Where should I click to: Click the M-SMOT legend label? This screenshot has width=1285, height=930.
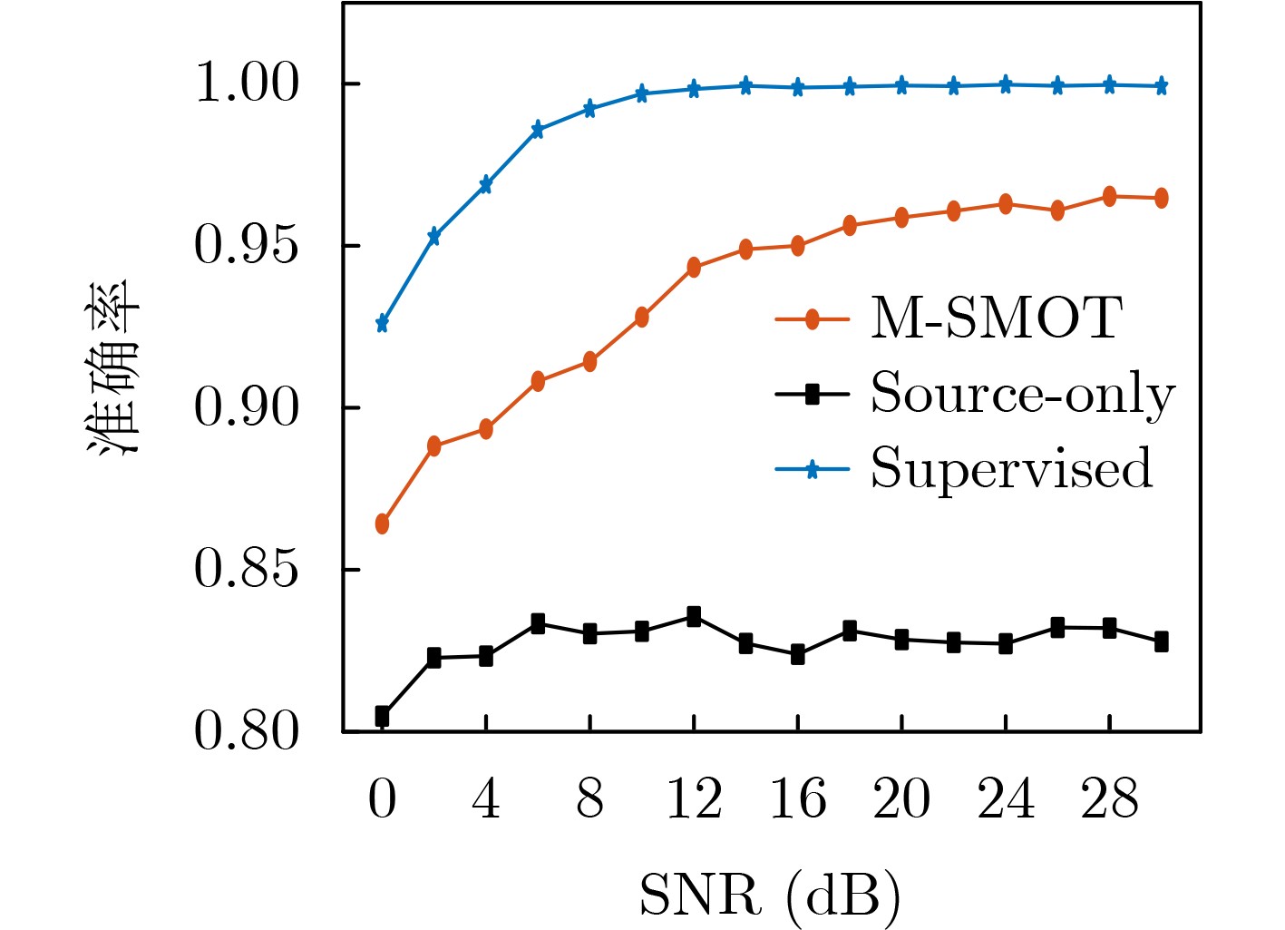(x=996, y=319)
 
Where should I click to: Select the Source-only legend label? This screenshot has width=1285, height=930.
(x=1022, y=394)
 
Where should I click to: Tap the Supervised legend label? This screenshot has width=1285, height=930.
(x=1011, y=469)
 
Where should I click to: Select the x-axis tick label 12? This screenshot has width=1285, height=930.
(x=694, y=800)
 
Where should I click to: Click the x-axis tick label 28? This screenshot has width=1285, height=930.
(x=1109, y=800)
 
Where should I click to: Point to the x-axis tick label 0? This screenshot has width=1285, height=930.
(x=382, y=800)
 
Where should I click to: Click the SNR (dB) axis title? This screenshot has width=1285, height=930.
(x=770, y=896)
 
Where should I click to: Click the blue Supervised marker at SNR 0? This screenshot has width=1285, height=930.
(x=382, y=324)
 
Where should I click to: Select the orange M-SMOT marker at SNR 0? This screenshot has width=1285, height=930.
(x=382, y=524)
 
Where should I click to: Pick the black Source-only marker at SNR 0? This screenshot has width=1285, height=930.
(x=382, y=716)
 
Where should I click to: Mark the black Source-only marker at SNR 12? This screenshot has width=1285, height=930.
(x=694, y=617)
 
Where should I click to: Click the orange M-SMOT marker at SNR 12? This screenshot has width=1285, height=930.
(x=694, y=268)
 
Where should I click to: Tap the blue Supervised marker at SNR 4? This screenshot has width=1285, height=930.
(x=486, y=185)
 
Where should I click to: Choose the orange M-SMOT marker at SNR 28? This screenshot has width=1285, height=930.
(x=1109, y=196)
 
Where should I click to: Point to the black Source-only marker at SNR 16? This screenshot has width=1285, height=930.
(x=798, y=654)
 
